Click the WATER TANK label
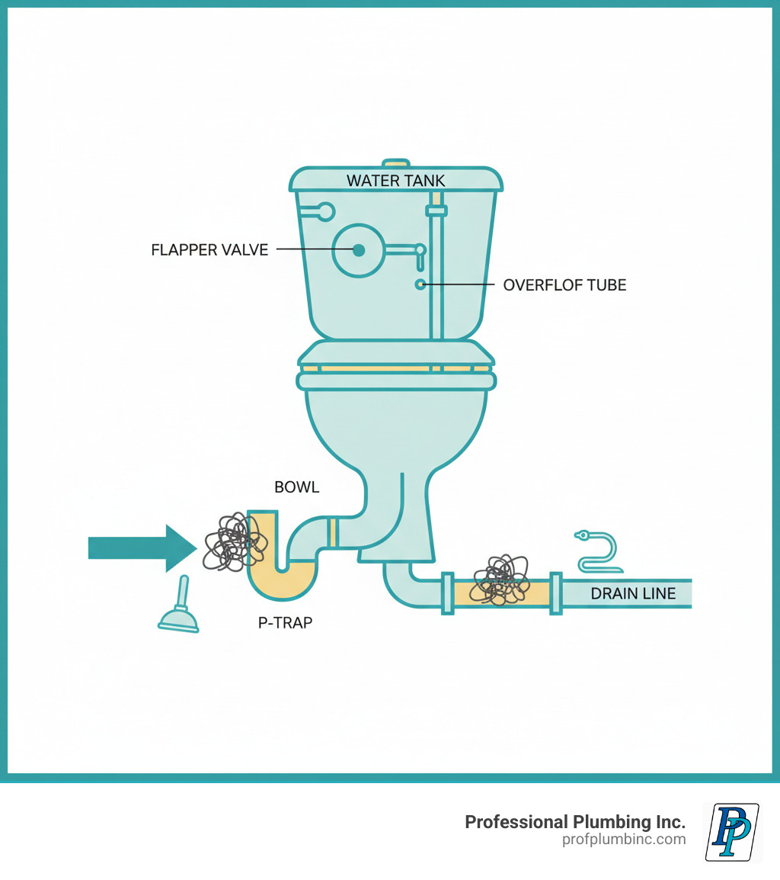395,181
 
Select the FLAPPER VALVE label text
209,249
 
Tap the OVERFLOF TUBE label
564,285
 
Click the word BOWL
297,487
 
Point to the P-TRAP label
284,622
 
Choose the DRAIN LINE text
633,593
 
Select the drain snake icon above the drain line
599,551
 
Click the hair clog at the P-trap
235,542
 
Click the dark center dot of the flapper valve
359,250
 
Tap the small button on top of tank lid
395,162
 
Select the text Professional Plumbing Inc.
575,822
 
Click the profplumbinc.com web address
623,840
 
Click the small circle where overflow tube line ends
420,284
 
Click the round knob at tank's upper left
325,211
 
